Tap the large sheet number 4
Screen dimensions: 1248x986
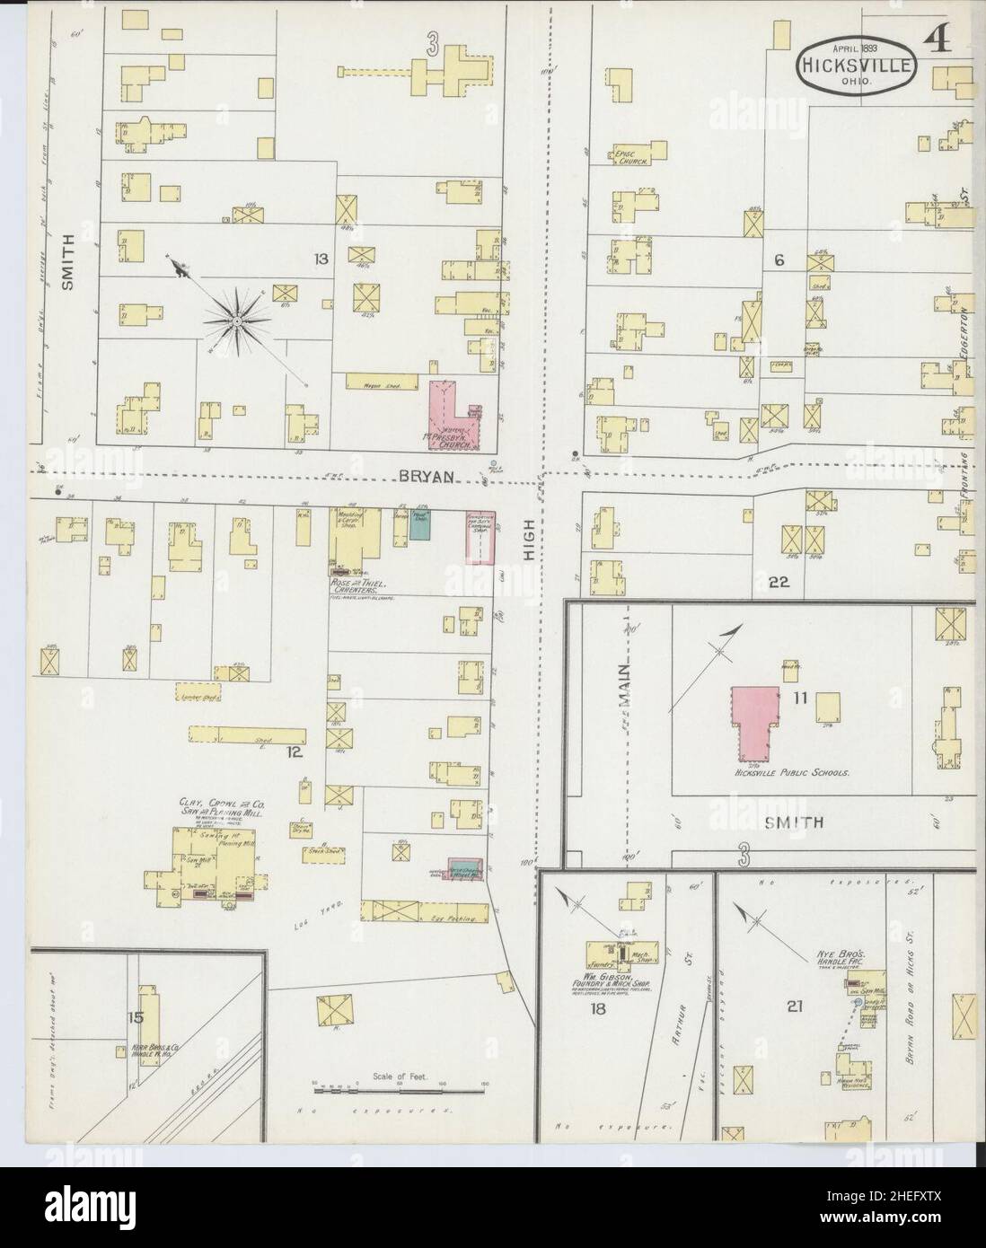pyautogui.click(x=938, y=41)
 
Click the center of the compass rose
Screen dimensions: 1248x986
pyautogui.click(x=235, y=321)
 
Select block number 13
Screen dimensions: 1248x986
pyautogui.click(x=320, y=259)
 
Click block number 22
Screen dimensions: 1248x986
pyautogui.click(x=778, y=582)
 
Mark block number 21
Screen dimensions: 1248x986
pyautogui.click(x=794, y=1006)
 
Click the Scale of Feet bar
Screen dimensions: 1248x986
pyautogui.click(x=399, y=1091)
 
